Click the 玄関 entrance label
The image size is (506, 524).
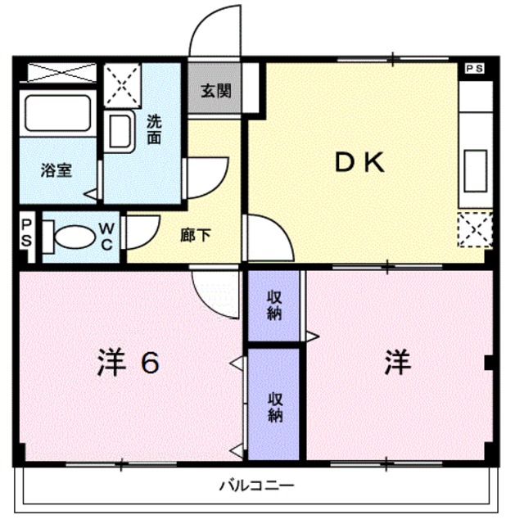coord(216,89)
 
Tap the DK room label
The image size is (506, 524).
coord(358,163)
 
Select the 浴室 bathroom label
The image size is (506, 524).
coord(56,170)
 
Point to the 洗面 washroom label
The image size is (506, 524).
coord(154,129)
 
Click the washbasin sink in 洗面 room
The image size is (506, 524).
coord(121,131)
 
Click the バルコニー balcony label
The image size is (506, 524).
coord(256,485)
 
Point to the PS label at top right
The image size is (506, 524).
coord(474,69)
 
